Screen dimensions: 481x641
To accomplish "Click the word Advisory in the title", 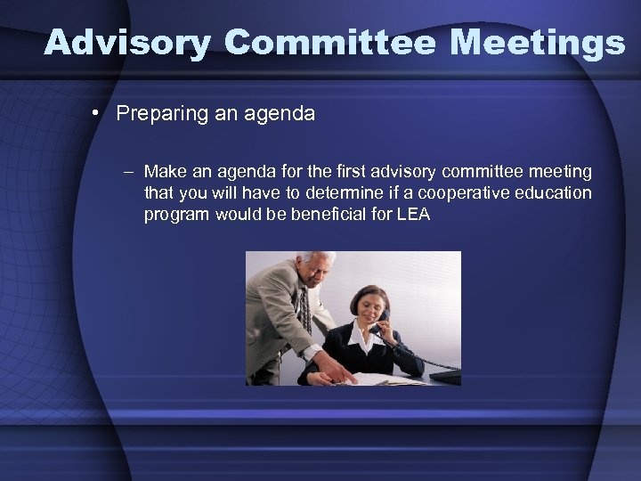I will (x=128, y=42).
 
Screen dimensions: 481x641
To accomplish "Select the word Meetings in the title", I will (x=542, y=42).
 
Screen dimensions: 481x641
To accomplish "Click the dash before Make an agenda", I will (x=129, y=172).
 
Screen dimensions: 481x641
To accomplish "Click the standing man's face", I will (x=317, y=270).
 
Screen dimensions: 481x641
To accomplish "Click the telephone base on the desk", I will (x=446, y=376).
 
